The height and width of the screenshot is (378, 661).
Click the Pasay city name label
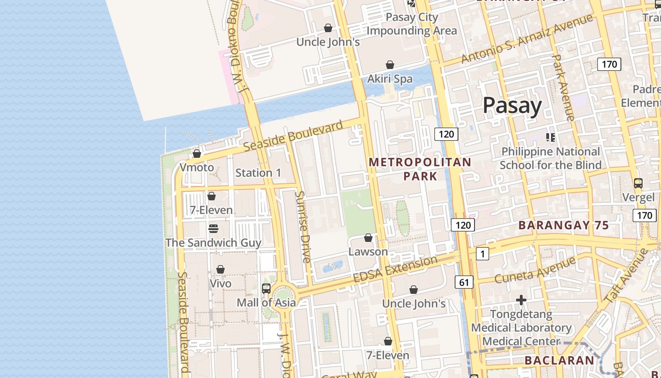512,105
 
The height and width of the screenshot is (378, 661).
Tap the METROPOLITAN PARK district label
420,169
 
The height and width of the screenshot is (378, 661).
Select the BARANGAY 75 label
564,225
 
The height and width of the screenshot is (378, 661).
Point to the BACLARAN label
559,361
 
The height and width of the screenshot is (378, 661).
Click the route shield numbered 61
464,283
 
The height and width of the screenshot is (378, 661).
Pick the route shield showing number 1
482,254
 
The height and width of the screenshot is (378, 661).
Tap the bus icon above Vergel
638,183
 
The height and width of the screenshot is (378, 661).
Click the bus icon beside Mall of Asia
266,288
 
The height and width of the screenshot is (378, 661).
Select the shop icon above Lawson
368,238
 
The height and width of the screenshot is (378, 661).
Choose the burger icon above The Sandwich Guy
213,229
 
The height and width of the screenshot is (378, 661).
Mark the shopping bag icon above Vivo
220,269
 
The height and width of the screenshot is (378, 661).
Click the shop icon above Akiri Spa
390,65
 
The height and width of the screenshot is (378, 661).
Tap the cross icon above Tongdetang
521,300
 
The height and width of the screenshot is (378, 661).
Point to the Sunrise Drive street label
303,227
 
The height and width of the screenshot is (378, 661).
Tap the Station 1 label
258,173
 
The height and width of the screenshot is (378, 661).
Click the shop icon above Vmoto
197,154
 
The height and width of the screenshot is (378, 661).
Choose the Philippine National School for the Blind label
551,158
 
